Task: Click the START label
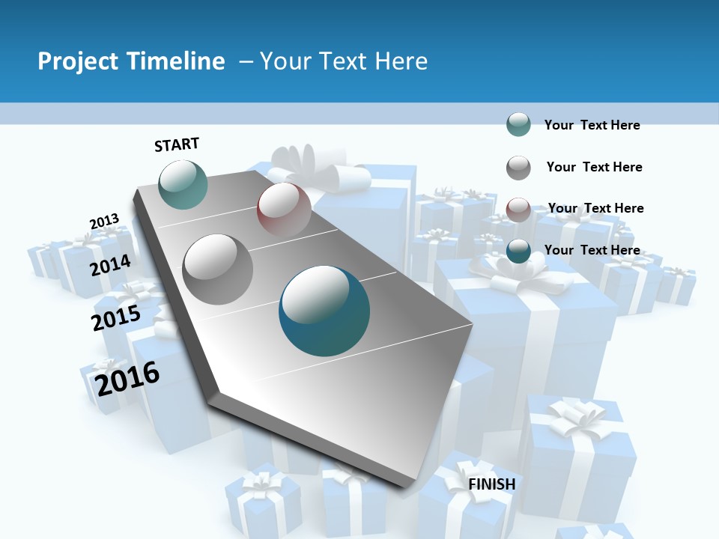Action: [x=177, y=144]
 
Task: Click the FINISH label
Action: [x=492, y=484]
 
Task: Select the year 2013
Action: [x=104, y=222]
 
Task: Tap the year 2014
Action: [x=111, y=265]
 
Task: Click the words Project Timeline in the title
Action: [x=131, y=61]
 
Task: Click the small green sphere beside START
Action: [x=183, y=184]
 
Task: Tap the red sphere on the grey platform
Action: [x=284, y=209]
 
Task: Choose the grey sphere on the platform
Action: [x=218, y=269]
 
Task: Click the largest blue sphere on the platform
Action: [x=324, y=311]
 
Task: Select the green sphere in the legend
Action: [x=518, y=124]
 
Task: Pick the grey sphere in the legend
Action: [x=518, y=168]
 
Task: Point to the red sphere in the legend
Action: [x=518, y=209]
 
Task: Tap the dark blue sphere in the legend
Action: [x=518, y=251]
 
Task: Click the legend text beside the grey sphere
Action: [x=594, y=167]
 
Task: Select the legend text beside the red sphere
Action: [x=595, y=208]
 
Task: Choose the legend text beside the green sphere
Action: [x=592, y=125]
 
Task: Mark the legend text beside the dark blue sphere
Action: [x=592, y=250]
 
